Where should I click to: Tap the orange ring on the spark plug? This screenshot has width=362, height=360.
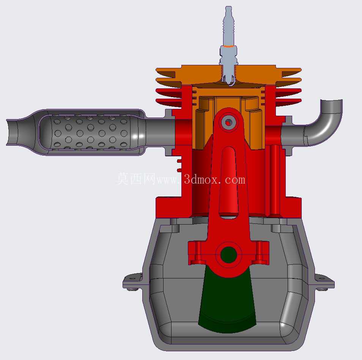coord(228,46)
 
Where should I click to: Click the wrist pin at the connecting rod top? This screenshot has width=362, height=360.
coord(228,123)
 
